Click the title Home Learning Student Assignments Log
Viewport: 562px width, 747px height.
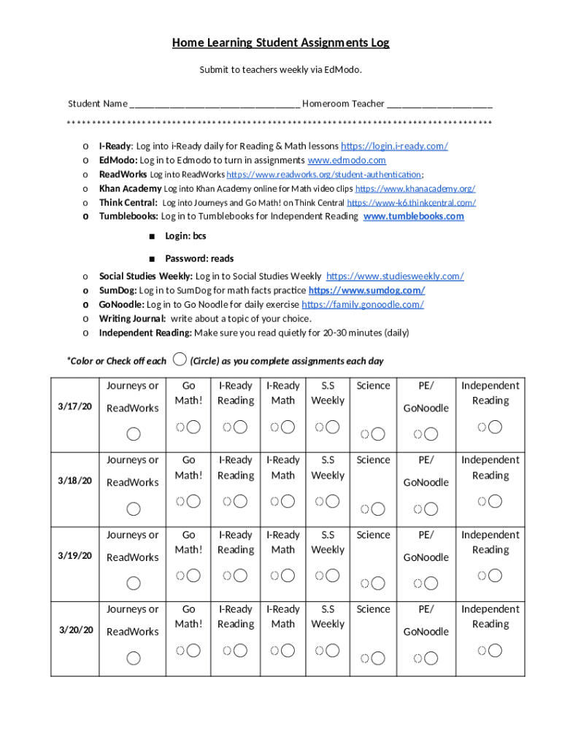pyautogui.click(x=280, y=43)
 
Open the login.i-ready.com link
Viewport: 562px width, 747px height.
pyautogui.click(x=394, y=146)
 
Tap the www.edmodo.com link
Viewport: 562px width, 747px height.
pyautogui.click(x=347, y=160)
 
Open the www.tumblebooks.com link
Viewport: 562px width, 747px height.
pyautogui.click(x=413, y=216)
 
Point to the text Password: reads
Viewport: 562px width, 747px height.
pyautogui.click(x=199, y=258)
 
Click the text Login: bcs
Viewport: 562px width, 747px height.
pyautogui.click(x=185, y=236)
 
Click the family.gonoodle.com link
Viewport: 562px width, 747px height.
pyautogui.click(x=362, y=304)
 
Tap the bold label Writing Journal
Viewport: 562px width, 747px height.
pyautogui.click(x=132, y=318)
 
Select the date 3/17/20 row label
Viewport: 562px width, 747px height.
pyautogui.click(x=74, y=406)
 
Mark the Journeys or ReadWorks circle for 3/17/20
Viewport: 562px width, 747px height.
pyautogui.click(x=134, y=434)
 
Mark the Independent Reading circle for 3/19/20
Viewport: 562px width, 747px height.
pyautogui.click(x=495, y=576)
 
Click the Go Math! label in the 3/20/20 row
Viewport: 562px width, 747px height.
pyautogui.click(x=188, y=616)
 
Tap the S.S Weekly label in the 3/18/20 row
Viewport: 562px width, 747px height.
pyautogui.click(x=328, y=468)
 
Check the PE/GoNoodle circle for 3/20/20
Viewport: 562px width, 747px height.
pyautogui.click(x=431, y=658)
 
